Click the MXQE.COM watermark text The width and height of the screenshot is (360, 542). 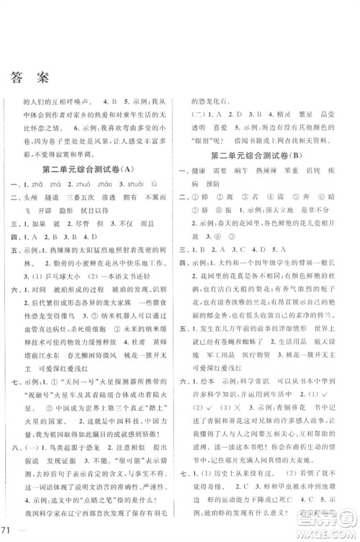click(317, 531)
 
